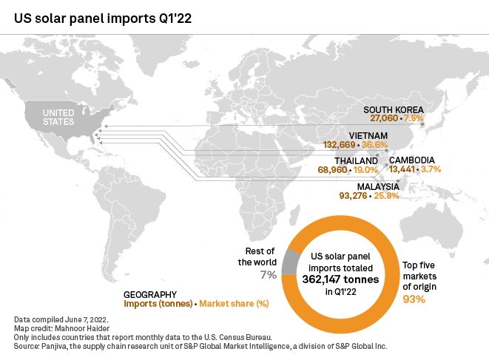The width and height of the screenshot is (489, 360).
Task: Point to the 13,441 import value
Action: point(403,169)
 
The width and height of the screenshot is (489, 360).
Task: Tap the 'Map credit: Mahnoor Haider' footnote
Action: point(55,325)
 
